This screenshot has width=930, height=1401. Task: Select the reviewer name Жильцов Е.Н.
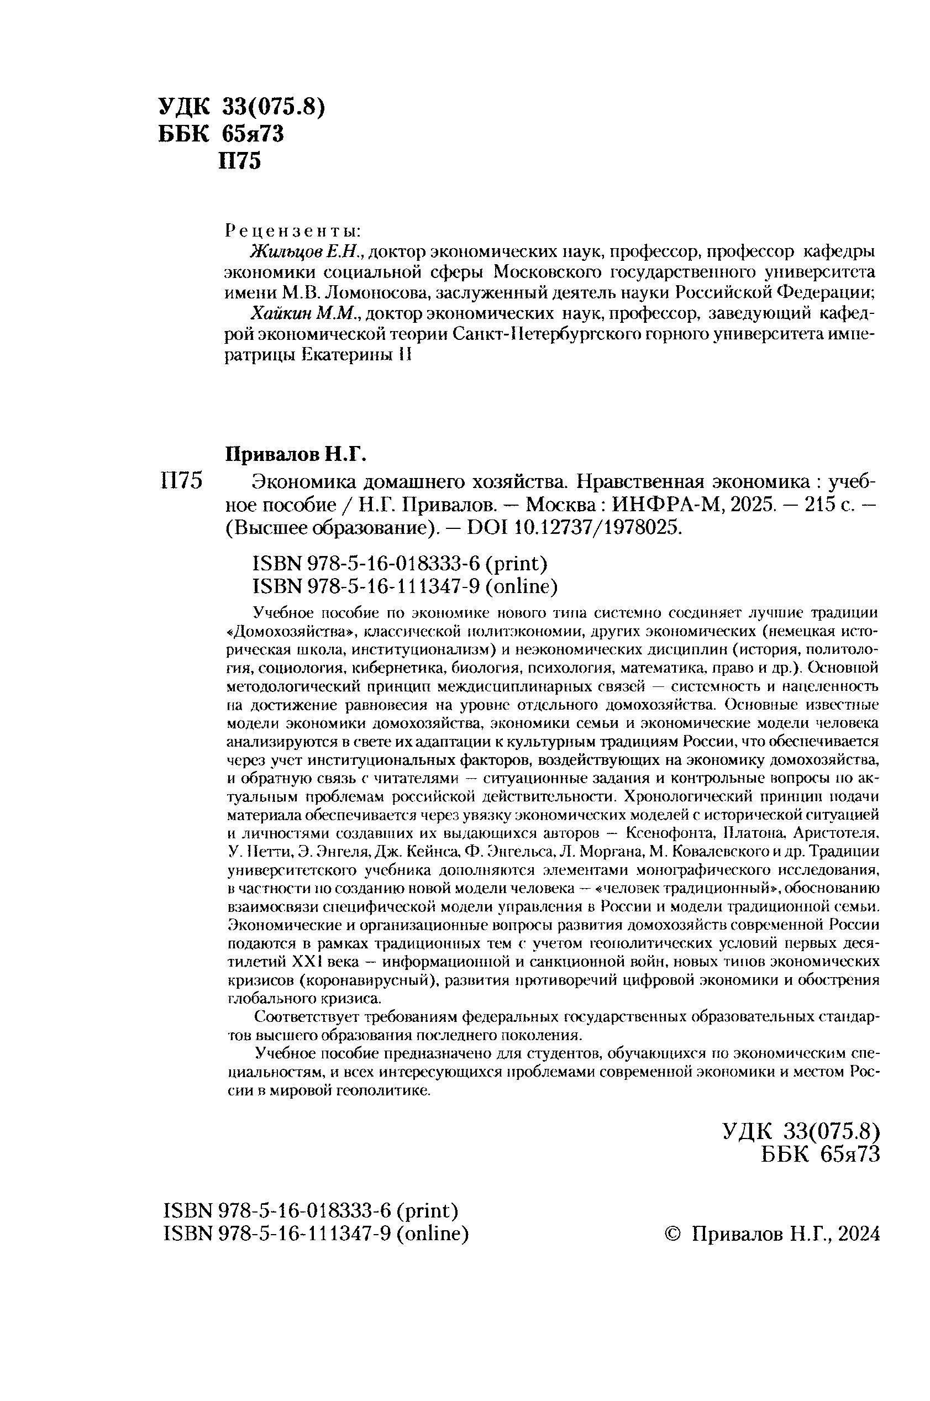(x=304, y=252)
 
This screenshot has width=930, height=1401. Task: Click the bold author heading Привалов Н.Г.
(x=297, y=455)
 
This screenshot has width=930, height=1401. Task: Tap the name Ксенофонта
(x=656, y=833)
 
